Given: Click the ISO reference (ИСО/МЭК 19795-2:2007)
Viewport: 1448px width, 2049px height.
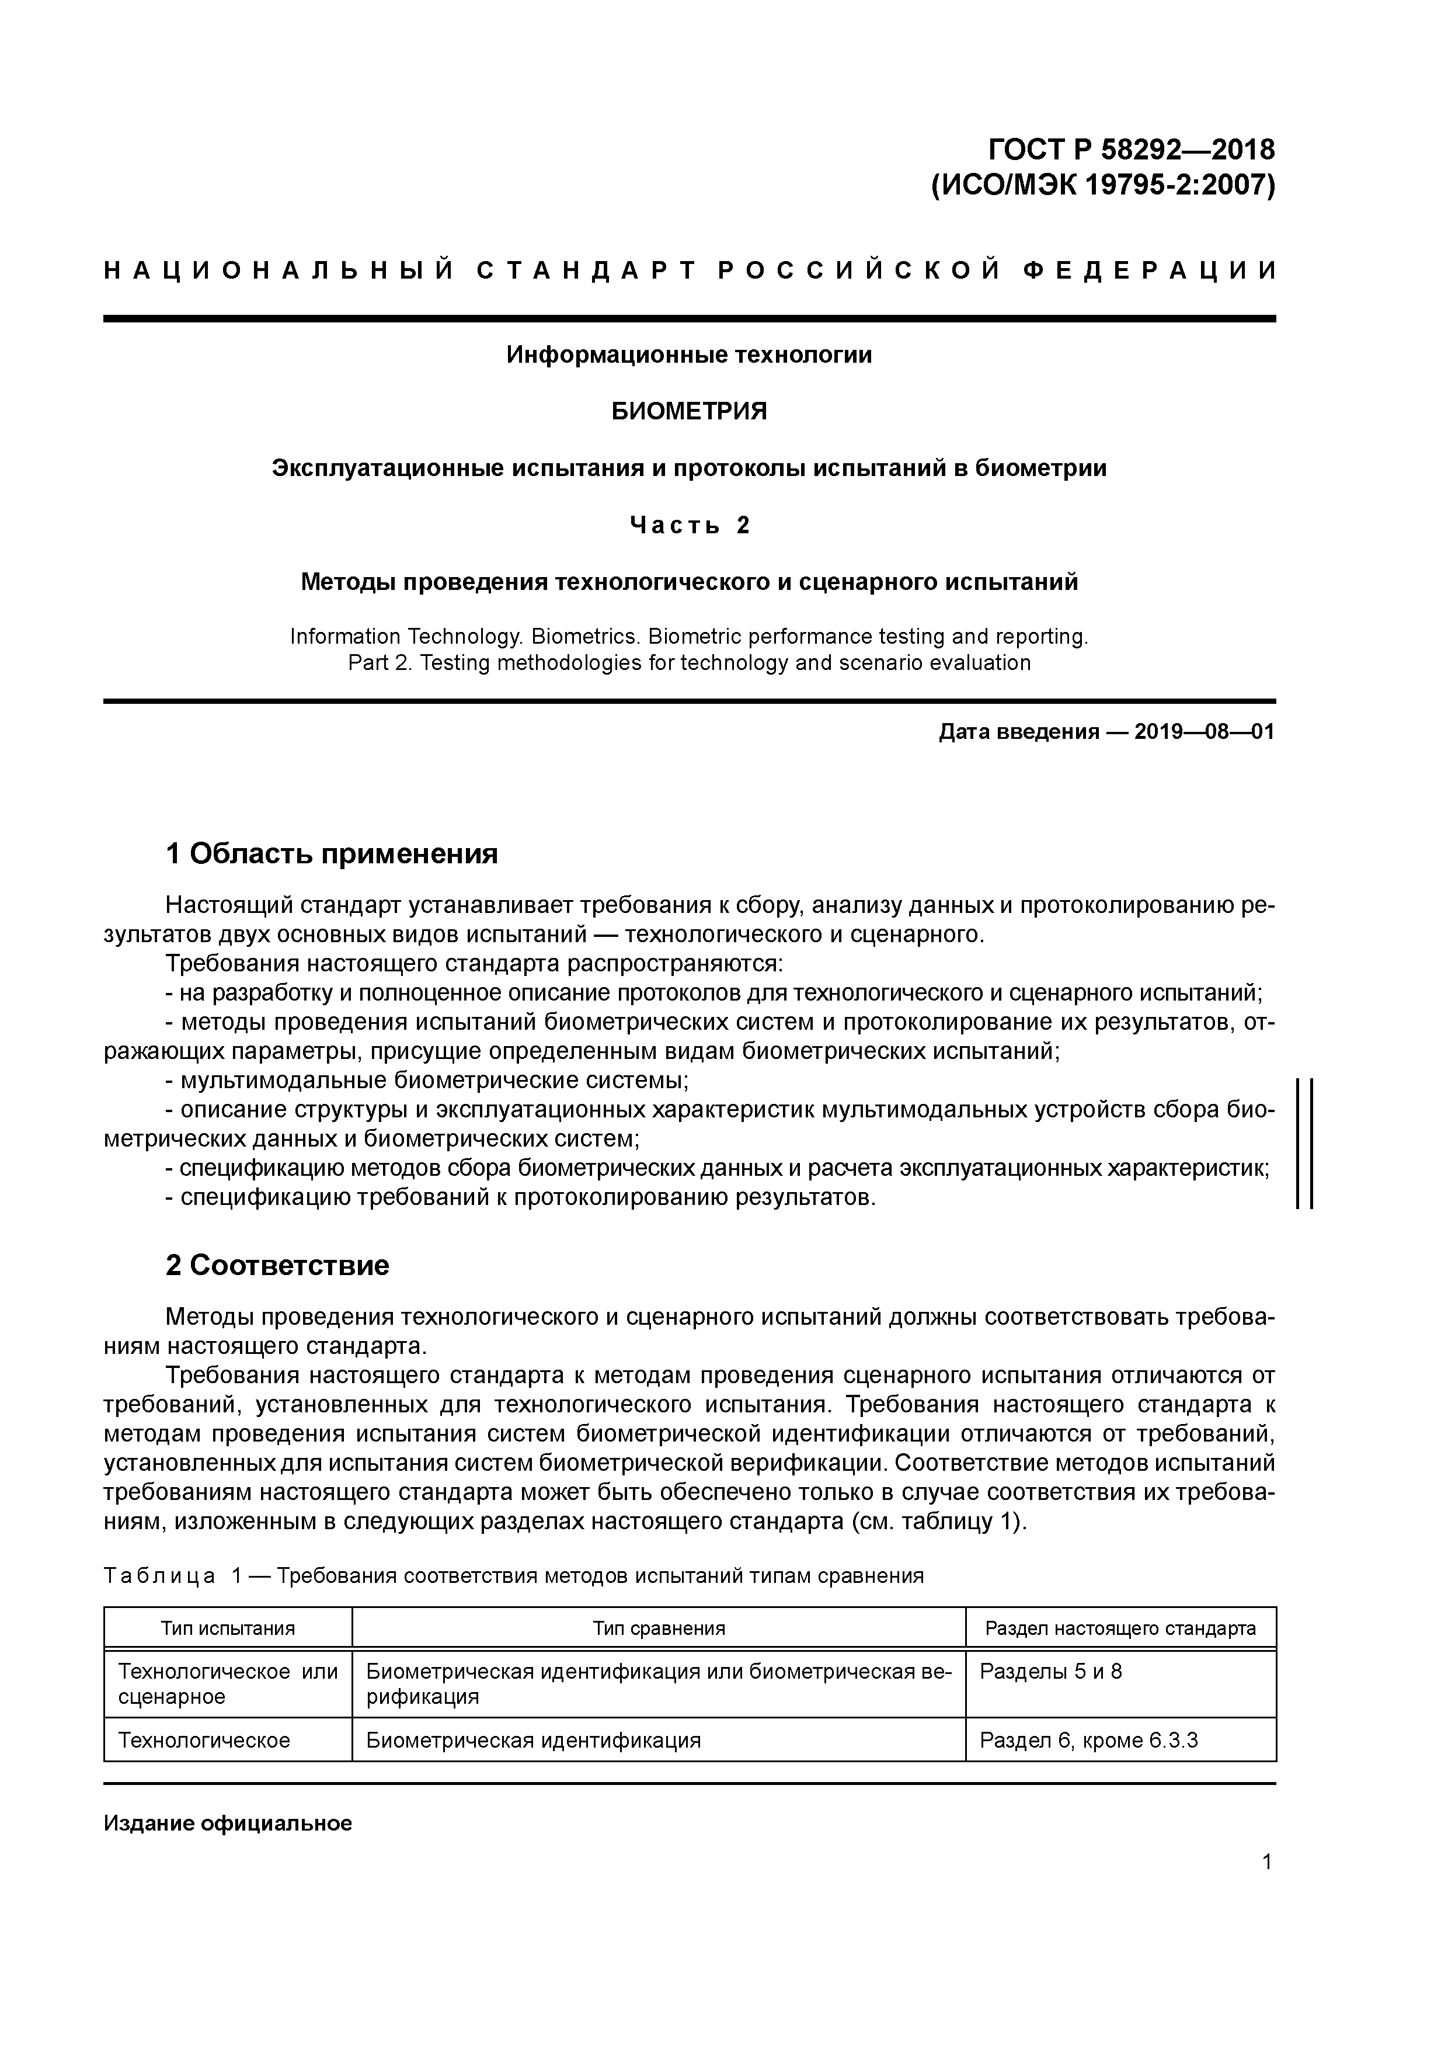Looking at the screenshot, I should [x=1103, y=186].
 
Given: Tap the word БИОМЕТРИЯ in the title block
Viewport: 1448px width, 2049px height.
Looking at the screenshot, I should [x=689, y=411].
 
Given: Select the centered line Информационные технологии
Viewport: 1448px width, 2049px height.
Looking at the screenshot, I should [x=689, y=355].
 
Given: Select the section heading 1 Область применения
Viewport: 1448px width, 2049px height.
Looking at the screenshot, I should [x=331, y=854].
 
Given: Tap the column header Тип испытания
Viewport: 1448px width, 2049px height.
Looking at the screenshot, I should [x=228, y=1628].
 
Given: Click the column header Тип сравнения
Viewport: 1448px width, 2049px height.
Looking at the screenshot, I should [x=659, y=1628].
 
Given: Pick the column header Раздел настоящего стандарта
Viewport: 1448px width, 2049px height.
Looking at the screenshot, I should [x=1120, y=1628].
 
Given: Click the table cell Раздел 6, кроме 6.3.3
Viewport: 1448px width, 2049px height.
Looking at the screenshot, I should [x=1088, y=1739].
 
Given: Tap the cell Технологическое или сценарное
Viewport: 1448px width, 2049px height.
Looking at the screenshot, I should [x=228, y=1683].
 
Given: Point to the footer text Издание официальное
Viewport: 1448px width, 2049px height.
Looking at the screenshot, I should [x=228, y=1822].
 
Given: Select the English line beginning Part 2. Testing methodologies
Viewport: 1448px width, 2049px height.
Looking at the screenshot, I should [x=689, y=663].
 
